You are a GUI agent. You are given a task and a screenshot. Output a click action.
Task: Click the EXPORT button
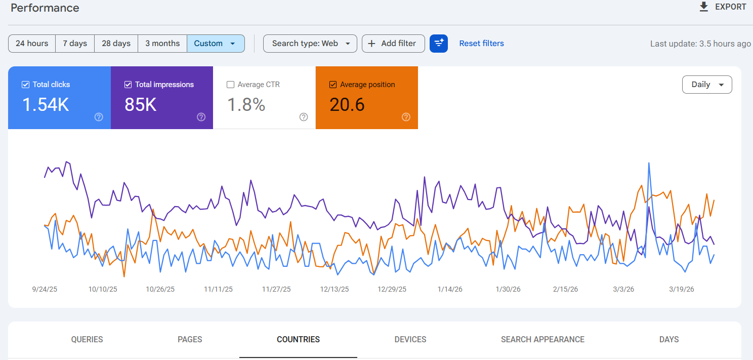point(723,7)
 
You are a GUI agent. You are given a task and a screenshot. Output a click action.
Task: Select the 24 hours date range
point(32,44)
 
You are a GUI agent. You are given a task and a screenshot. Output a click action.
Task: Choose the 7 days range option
point(75,44)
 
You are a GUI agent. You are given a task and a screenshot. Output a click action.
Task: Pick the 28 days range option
point(116,44)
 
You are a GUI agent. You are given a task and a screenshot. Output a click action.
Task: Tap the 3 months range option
point(162,44)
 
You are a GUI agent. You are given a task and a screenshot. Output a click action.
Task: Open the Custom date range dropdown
point(216,44)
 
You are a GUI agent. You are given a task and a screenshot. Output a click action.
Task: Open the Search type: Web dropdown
point(310,44)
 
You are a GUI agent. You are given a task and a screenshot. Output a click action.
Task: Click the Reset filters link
point(481,44)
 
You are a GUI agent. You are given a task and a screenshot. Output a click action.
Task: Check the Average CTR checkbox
point(231,85)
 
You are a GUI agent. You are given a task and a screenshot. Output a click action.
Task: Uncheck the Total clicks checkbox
point(26,85)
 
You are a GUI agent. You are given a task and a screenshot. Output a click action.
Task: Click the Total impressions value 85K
point(141,105)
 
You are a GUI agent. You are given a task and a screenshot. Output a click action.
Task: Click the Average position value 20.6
point(347,105)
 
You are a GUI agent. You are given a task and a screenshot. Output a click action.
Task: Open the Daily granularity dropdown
point(707,85)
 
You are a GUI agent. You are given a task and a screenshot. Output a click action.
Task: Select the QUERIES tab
point(87,339)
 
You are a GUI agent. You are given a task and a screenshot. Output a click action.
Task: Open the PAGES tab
point(190,339)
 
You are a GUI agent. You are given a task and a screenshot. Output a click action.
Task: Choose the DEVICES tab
point(410,339)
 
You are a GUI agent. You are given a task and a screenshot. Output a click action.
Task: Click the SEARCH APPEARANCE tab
point(542,339)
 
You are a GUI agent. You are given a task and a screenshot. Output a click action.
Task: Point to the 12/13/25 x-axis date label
point(334,290)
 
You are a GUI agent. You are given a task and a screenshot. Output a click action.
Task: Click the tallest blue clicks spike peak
point(649,164)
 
